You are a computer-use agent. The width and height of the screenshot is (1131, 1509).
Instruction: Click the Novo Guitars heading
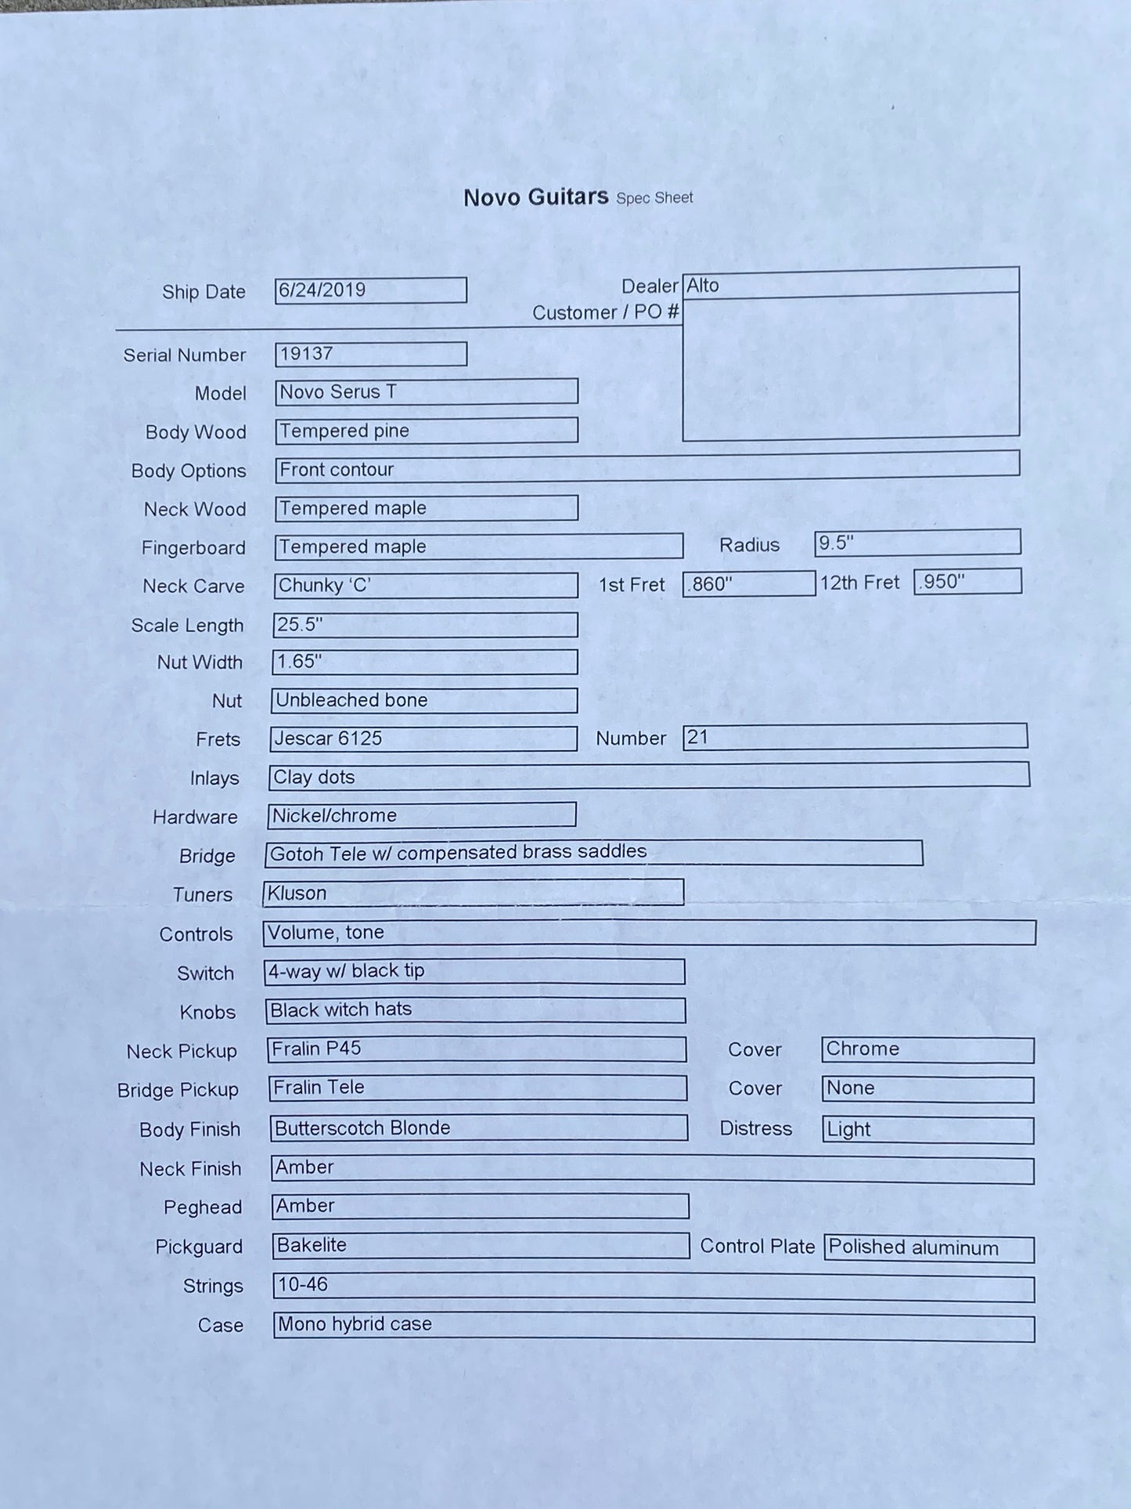pyautogui.click(x=535, y=197)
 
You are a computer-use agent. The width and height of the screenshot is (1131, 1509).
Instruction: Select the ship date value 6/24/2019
pyautogui.click(x=322, y=290)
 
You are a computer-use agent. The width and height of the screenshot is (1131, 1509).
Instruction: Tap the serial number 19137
pyautogui.click(x=306, y=354)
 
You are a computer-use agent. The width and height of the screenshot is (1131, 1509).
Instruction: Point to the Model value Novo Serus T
pyautogui.click(x=338, y=392)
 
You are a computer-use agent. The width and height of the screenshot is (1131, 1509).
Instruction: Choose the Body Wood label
pyautogui.click(x=196, y=432)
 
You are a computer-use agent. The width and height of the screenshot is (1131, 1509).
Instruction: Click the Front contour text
pyautogui.click(x=337, y=469)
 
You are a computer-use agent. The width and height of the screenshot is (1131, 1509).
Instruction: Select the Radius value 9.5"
pyautogui.click(x=836, y=543)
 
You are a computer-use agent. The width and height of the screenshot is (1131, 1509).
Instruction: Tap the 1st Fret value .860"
pyautogui.click(x=711, y=584)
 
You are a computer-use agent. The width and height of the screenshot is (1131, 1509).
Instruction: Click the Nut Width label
pyautogui.click(x=200, y=662)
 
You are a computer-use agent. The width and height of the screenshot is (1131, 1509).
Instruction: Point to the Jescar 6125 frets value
pyautogui.click(x=328, y=738)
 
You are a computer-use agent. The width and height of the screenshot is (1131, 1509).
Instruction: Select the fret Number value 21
pyautogui.click(x=697, y=737)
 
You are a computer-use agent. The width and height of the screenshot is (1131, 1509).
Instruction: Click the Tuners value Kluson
pyautogui.click(x=297, y=893)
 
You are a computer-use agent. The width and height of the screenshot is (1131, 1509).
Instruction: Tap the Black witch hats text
pyautogui.click(x=340, y=1009)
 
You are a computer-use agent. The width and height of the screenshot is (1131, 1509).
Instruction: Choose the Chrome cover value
pyautogui.click(x=863, y=1049)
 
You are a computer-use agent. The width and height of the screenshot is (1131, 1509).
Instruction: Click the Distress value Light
pyautogui.click(x=848, y=1129)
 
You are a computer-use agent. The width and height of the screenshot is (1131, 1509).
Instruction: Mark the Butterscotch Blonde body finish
pyautogui.click(x=362, y=1128)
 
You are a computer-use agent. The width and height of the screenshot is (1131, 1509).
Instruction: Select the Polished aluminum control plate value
pyautogui.click(x=913, y=1247)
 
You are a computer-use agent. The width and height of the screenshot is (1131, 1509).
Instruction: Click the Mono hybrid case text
pyautogui.click(x=355, y=1323)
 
